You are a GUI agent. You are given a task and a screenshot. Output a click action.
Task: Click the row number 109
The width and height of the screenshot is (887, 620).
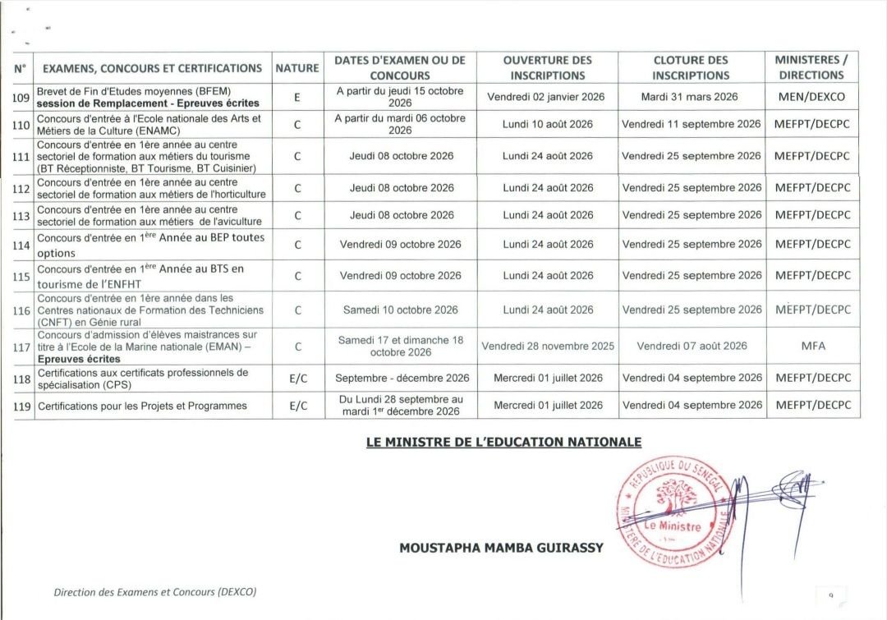coord(21,98)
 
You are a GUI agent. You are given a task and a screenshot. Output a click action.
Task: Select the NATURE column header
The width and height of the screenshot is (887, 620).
coord(296,68)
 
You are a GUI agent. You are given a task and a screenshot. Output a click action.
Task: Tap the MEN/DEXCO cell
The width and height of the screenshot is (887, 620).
coord(811,97)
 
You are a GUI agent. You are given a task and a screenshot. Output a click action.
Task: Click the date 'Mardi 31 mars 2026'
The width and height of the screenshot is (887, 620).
coord(690,97)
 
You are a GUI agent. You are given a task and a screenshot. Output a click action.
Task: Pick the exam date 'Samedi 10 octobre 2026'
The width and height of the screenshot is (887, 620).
coord(400,310)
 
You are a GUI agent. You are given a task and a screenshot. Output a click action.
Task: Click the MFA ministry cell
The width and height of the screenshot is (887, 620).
coord(812,346)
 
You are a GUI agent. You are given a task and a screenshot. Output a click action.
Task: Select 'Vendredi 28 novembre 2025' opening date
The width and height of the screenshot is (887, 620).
coord(548,346)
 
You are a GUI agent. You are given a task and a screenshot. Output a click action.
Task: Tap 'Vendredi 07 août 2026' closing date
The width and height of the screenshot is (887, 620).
coord(692,346)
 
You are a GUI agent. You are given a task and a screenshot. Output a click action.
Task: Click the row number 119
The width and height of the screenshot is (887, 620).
coord(21,406)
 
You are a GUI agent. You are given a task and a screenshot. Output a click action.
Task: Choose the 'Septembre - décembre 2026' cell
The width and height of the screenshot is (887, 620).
coord(402,378)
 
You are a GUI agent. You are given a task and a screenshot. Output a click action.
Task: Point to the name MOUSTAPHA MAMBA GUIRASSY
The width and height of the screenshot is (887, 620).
coord(501,548)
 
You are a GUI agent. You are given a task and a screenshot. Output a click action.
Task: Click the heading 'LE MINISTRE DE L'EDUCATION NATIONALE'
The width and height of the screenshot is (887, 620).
coord(503,443)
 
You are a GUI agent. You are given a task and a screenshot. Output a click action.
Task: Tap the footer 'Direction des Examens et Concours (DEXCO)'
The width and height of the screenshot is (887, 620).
coord(161,591)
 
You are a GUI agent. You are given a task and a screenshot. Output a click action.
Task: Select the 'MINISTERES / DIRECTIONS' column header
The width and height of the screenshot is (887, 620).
coord(811,67)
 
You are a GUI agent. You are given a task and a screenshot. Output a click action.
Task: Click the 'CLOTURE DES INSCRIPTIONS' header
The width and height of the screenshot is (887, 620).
coord(691,67)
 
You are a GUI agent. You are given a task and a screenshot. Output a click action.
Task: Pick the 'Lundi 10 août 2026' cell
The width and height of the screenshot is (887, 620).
coord(548,124)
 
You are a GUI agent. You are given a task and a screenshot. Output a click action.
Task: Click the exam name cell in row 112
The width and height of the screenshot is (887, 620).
coord(152,188)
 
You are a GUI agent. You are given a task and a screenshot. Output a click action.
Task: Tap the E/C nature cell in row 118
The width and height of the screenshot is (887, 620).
coord(297,378)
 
